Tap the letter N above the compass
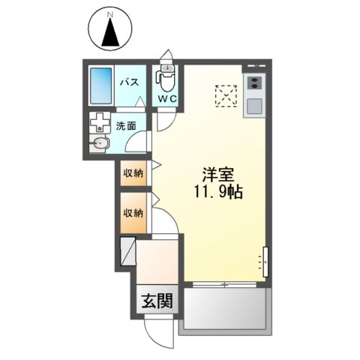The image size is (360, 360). tap(109, 14)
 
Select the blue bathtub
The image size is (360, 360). tap(100, 87)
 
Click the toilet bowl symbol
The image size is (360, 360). tap(166, 79)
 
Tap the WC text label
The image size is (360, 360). tap(166, 99)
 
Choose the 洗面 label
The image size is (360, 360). tap(125, 126)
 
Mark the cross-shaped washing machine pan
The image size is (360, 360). tap(98, 122)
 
